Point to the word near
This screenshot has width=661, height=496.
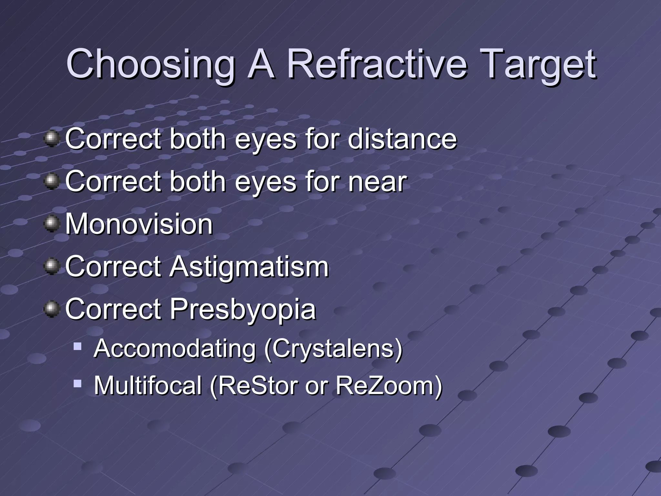(x=377, y=181)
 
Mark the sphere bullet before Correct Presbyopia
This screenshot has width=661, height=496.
(x=52, y=309)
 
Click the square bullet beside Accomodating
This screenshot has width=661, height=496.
(x=77, y=346)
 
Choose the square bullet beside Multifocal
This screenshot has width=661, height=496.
(x=77, y=384)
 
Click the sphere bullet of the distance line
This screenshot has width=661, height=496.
(x=52, y=138)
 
